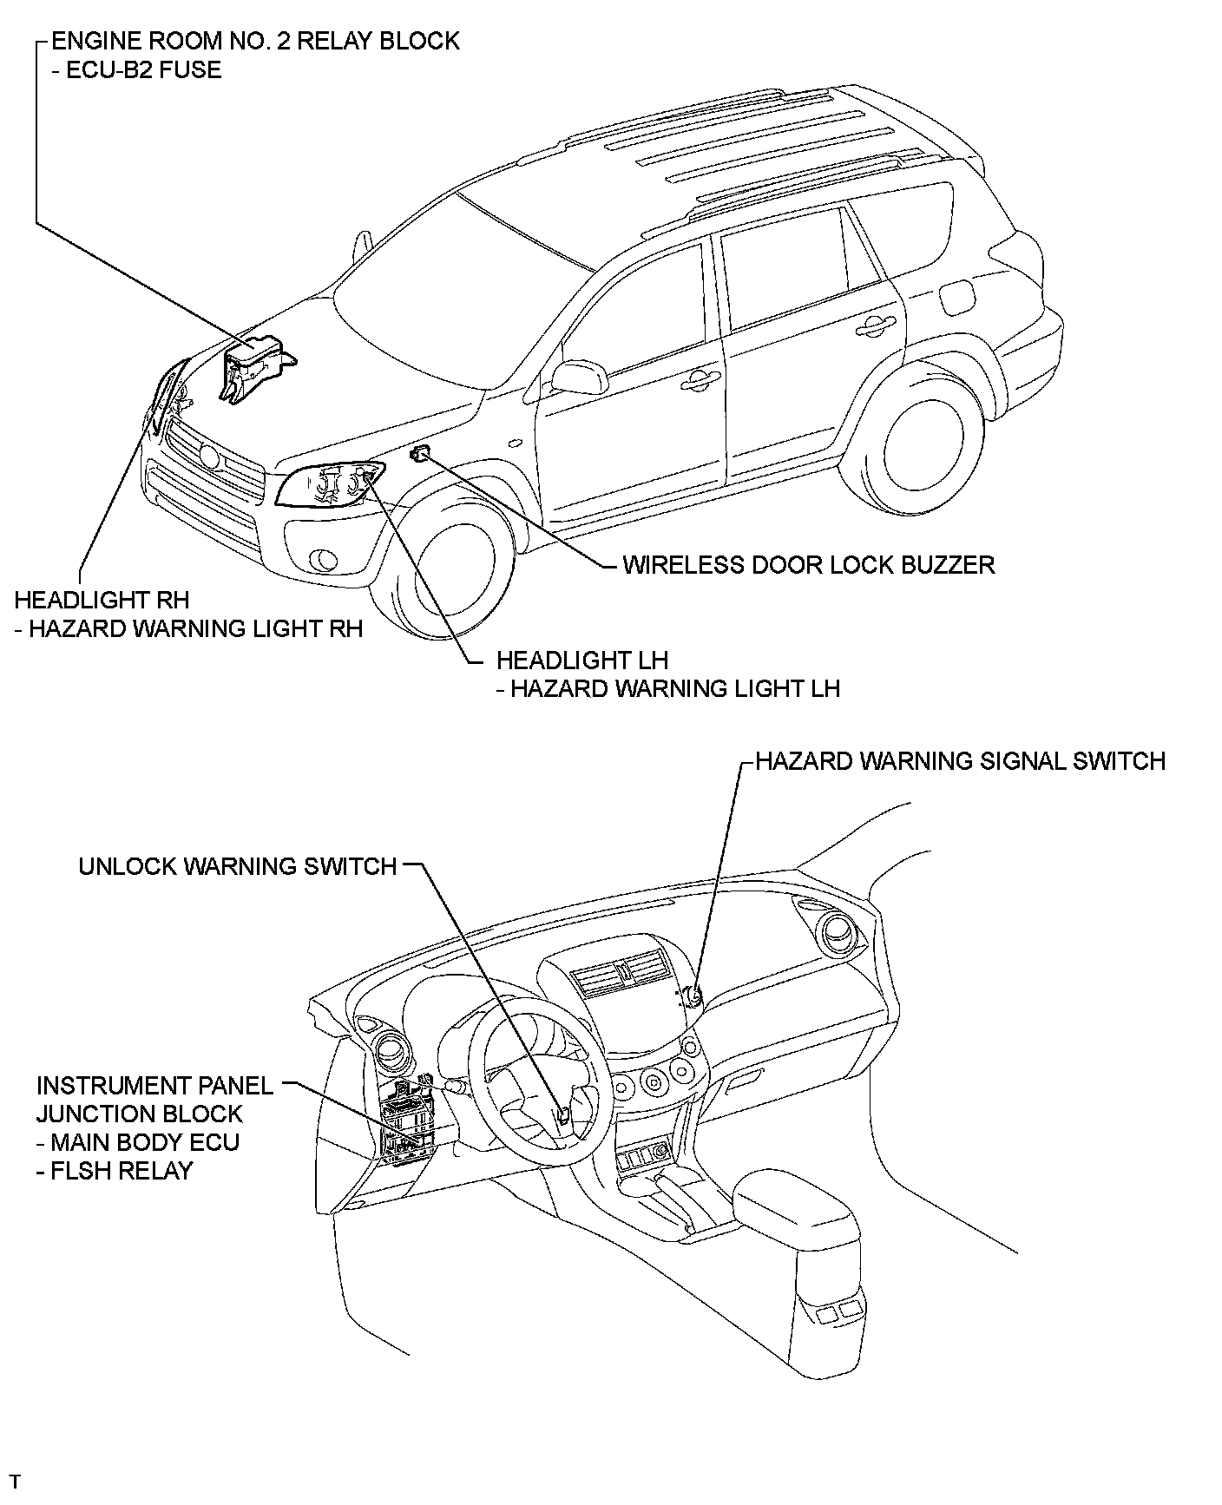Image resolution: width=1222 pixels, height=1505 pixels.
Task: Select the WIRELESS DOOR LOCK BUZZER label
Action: pos(808,565)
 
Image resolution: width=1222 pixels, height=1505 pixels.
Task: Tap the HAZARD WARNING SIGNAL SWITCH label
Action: pos(960,761)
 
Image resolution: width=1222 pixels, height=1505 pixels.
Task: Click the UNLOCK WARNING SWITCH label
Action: pos(237,866)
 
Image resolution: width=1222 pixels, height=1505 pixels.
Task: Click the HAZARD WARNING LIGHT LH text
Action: pos(674,689)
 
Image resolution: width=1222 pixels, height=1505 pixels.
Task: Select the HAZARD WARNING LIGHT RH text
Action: pos(195,628)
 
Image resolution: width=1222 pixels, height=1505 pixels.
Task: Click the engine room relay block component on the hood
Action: pos(254,365)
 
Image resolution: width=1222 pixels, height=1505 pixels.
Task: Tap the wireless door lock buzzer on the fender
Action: pos(421,451)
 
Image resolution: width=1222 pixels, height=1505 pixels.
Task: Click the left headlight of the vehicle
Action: pos(330,484)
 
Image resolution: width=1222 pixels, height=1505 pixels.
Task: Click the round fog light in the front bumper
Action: pos(325,560)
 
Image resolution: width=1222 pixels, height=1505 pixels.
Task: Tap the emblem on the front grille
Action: pos(209,455)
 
